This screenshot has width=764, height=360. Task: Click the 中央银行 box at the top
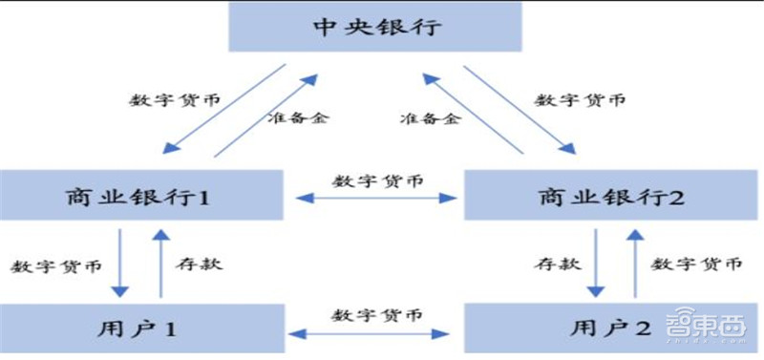377,27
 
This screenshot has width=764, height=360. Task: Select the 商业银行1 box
143,197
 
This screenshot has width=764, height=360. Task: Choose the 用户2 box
612,328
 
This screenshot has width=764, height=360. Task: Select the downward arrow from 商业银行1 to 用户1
119,263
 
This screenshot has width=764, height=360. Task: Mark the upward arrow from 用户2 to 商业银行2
634,263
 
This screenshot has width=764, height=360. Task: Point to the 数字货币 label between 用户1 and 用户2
375,315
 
